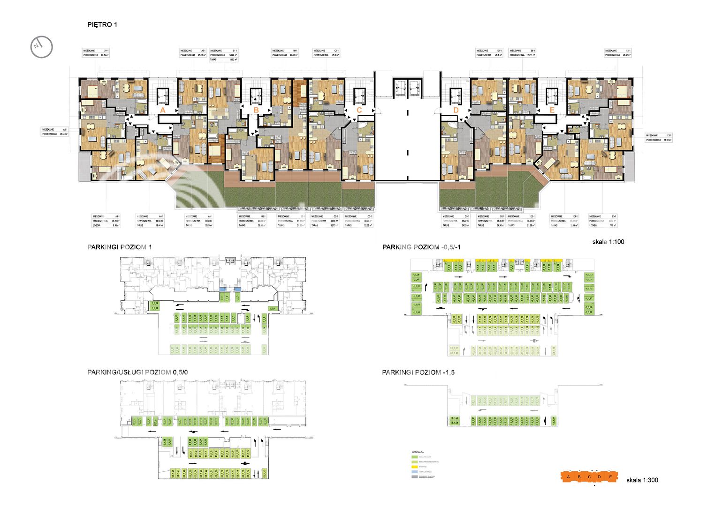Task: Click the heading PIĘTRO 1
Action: tap(102, 24)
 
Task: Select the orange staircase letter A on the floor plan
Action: tap(163, 110)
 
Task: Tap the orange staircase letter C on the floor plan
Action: tap(359, 110)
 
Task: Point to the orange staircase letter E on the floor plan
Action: tap(552, 110)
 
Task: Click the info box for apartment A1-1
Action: tap(96, 52)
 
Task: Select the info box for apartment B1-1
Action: tap(224, 55)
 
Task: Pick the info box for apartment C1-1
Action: tap(326, 52)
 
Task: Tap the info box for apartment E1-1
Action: tap(618, 52)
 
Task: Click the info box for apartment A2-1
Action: tap(55, 132)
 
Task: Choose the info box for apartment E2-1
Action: tap(659, 137)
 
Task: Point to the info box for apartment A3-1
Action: tap(106, 221)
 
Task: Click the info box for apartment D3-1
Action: tap(456, 221)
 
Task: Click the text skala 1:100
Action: tap(608, 242)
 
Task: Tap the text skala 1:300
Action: tap(642, 480)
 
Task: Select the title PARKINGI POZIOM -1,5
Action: tap(418, 372)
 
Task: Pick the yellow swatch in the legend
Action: tap(414, 467)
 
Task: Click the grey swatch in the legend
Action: tap(414, 477)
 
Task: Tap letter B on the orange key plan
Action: tap(579, 477)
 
